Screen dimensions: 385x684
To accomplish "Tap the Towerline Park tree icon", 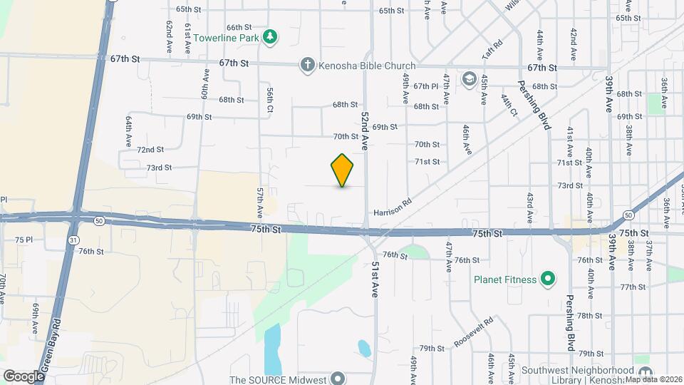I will click(269, 36).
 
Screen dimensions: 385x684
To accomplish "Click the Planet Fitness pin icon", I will click(547, 279).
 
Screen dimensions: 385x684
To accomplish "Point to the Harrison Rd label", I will click(393, 207).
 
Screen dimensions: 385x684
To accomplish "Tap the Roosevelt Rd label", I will click(474, 332).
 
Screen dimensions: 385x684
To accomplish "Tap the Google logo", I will click(23, 376).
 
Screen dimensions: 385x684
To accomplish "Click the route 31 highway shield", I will click(73, 240).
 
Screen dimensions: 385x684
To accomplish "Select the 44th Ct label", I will click(509, 104).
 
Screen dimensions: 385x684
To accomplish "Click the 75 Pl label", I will click(24, 240).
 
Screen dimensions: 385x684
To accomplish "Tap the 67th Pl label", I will click(425, 86).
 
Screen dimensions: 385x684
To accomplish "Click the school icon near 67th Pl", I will click(469, 77).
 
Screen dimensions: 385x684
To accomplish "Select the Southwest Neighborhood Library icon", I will click(645, 373).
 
